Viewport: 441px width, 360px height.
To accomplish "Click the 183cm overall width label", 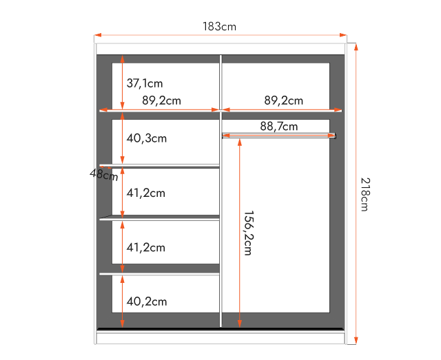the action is click(x=219, y=27).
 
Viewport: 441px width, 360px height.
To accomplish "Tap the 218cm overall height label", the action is click(x=365, y=194).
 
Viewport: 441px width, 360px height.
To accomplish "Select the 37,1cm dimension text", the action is click(x=145, y=83).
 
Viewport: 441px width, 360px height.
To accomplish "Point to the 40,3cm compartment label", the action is click(x=147, y=138).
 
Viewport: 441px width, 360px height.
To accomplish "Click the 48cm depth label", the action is click(x=104, y=175).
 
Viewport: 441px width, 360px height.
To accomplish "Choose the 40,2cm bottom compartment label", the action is click(x=147, y=301).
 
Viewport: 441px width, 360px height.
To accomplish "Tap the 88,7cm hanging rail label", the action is click(x=278, y=127).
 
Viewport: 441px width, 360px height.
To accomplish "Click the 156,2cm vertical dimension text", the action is click(x=248, y=233).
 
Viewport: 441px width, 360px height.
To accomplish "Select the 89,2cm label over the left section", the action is click(x=161, y=100).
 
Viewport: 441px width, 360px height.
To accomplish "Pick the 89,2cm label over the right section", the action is click(x=283, y=100).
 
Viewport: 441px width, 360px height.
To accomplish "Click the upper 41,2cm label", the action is click(x=145, y=193).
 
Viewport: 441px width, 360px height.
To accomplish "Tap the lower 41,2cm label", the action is click(x=145, y=248).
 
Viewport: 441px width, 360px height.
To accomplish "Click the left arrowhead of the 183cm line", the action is click(x=98, y=35).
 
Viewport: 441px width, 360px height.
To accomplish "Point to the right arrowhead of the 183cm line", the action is click(x=343, y=35).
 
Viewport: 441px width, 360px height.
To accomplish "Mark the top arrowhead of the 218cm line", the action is click(x=356, y=47).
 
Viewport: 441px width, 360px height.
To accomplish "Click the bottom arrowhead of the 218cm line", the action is click(x=356, y=340).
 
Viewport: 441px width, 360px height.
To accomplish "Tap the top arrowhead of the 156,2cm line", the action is click(x=240, y=142).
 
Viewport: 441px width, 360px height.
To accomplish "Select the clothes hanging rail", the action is click(x=278, y=136).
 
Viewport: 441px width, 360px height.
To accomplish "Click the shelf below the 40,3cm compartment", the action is click(x=159, y=166).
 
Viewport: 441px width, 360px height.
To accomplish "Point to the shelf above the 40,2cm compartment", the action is click(x=159, y=274).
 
